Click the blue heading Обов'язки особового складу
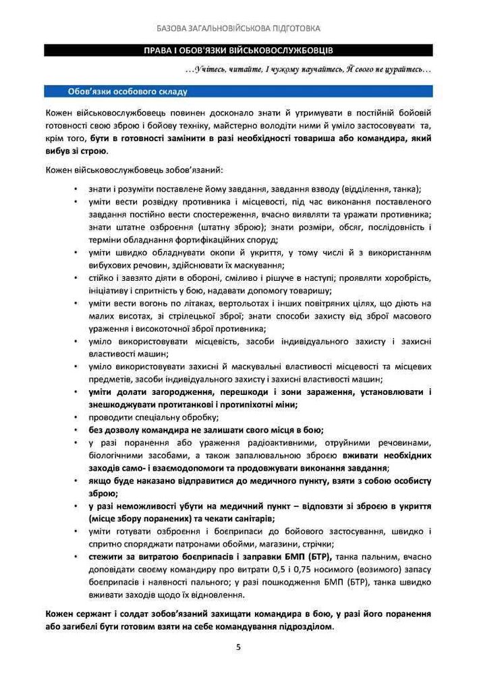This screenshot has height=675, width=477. pos(128,91)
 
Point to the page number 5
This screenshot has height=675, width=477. pos(238,647)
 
